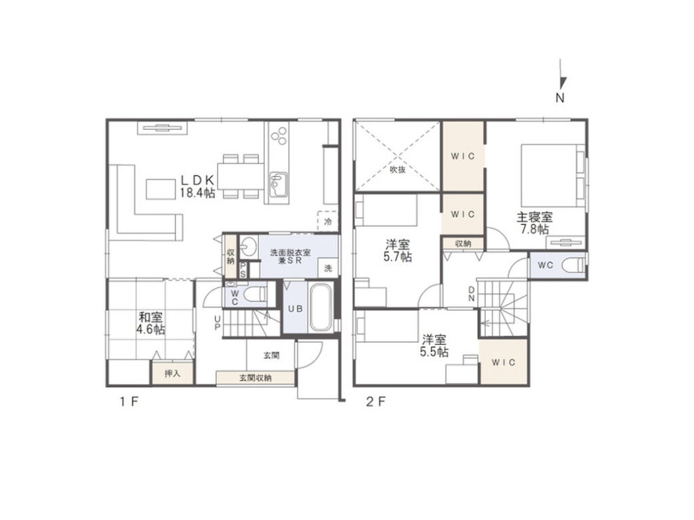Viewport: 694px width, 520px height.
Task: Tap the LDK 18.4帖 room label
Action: coord(197,186)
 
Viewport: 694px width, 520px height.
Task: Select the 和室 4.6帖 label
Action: coord(151,323)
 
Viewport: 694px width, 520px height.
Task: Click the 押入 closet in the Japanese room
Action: coord(173,374)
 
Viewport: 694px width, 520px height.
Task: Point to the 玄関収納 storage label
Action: coord(256,378)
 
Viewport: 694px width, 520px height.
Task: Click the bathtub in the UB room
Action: coord(321,308)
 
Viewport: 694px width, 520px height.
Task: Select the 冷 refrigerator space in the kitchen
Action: coord(328,221)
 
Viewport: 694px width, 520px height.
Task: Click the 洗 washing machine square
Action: coord(328,268)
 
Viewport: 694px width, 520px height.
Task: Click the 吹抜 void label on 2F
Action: coord(397,169)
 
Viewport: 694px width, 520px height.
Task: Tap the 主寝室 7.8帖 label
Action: coord(535,223)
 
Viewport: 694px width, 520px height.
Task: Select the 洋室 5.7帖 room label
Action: coord(397,251)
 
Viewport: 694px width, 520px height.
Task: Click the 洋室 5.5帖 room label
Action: coord(434,346)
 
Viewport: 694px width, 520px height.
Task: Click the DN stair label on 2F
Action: coord(472,294)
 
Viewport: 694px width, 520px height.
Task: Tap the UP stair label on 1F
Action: coord(218,322)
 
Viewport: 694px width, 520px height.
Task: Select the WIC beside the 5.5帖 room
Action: coord(504,362)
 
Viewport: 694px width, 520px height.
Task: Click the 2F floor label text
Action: coord(375,402)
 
